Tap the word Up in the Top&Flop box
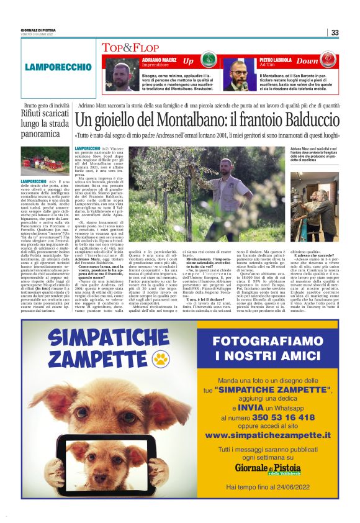coord(188,61)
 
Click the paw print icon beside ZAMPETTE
coord(162,359)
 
